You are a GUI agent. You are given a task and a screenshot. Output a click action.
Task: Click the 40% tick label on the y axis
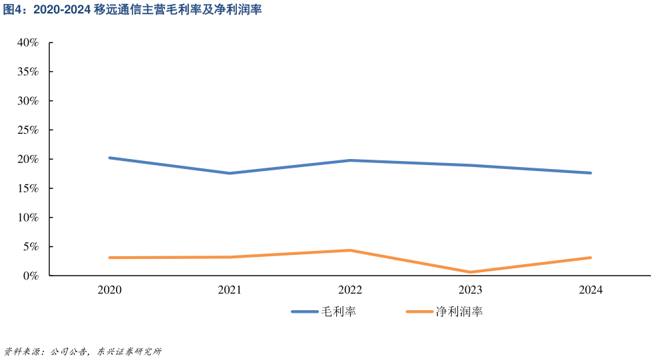pos(29,43)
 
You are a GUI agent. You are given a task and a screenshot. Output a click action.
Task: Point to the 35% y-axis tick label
pos(29,72)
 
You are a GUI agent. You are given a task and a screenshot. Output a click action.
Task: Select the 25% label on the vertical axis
pos(29,130)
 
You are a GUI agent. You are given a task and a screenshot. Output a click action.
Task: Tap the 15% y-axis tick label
pos(29,188)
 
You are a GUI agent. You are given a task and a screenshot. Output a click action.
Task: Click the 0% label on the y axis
pos(31,275)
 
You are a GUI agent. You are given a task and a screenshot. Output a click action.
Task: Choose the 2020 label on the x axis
pos(109,290)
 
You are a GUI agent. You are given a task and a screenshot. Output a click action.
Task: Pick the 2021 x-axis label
pos(230,290)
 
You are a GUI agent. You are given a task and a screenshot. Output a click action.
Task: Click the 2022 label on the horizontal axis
pos(350,290)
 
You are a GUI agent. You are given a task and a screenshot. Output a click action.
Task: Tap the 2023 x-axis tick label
pos(471,290)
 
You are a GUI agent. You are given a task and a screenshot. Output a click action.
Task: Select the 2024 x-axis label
pos(590,290)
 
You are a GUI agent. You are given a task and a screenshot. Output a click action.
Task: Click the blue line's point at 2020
pos(109,158)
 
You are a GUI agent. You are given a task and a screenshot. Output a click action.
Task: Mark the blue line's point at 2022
pos(350,160)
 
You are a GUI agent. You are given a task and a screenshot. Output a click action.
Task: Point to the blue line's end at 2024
pos(590,173)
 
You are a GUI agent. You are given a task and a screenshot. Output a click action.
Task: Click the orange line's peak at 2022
pos(350,250)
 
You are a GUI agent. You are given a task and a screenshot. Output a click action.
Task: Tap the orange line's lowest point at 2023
pos(471,272)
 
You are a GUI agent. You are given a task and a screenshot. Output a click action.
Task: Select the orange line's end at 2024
pos(590,258)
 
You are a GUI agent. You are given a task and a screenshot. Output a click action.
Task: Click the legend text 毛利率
pos(339,311)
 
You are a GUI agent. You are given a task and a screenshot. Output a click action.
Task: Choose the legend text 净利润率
pos(459,311)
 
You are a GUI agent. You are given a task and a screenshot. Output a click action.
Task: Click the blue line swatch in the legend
pos(304,311)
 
